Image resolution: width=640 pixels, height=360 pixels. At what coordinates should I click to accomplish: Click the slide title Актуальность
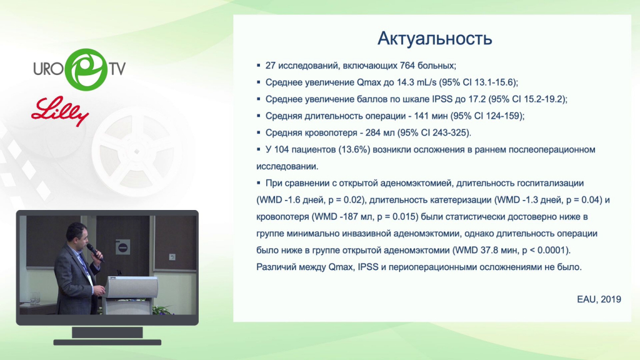tap(435, 38)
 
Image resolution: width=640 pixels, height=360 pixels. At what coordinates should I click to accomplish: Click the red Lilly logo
tap(61, 111)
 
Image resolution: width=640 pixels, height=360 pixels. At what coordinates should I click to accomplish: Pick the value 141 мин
tap(431, 116)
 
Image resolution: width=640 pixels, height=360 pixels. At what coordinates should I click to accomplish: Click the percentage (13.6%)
tap(354, 150)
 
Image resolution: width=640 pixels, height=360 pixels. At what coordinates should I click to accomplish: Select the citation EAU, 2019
tap(599, 299)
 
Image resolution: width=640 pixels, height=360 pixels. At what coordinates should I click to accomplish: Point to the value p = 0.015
tap(397, 217)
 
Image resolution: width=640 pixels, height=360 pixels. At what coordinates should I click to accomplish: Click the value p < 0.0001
tap(544, 250)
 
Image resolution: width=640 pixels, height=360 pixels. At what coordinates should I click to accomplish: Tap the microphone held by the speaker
tap(95, 252)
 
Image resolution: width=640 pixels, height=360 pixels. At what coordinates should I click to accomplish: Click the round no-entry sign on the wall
tap(123, 247)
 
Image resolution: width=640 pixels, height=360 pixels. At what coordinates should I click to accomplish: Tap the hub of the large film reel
tap(137, 151)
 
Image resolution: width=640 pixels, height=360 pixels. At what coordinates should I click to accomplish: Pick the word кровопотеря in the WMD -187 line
tap(283, 217)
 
